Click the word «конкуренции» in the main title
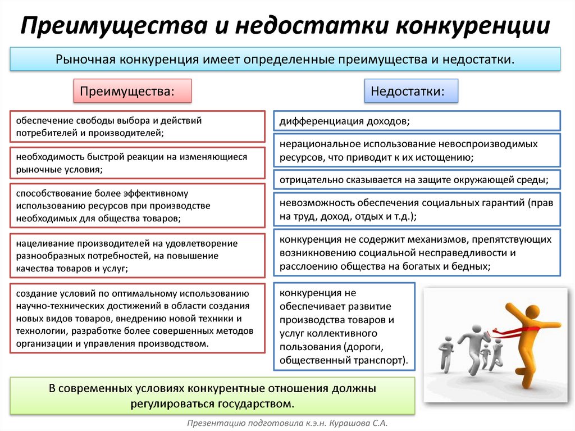coord(473,26)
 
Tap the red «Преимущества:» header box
coord(133,90)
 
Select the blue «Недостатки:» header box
coord(411,90)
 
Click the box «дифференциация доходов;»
coord(417,121)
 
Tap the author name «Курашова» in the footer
coord(349,423)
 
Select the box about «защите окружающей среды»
coord(417,179)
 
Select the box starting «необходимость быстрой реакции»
coord(138,163)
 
